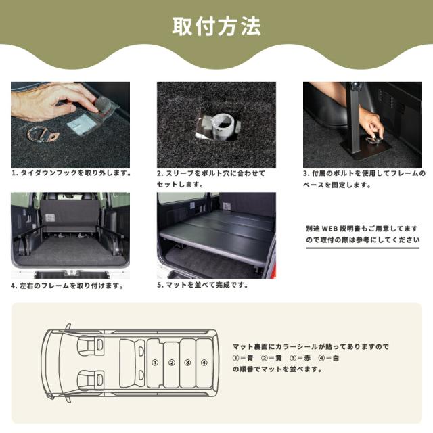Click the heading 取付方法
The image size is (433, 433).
point(216,26)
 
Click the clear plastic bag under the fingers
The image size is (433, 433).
point(93,116)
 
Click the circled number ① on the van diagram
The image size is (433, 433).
point(155,363)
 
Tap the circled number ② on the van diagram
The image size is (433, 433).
point(172,363)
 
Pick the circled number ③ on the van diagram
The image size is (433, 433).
point(188,363)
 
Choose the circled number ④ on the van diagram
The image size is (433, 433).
point(204,363)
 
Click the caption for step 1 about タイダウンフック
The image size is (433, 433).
point(71,173)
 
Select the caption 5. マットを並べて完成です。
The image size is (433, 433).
point(202,285)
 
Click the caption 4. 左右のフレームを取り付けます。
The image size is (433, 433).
point(67,286)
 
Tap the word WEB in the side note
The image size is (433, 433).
point(329,229)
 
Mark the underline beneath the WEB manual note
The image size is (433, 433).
point(363,248)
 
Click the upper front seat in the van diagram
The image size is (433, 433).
point(91,344)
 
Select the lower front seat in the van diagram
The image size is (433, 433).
point(91,380)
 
